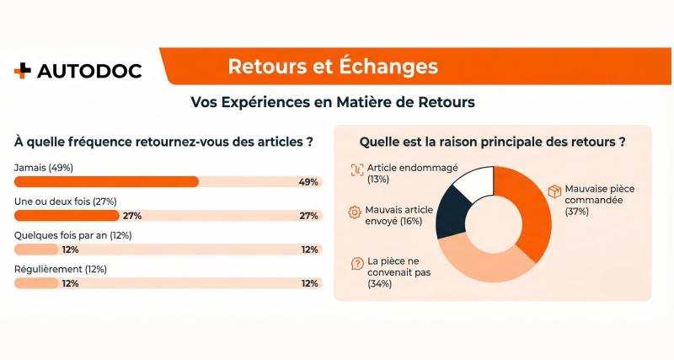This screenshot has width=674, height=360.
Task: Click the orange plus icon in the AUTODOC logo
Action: point(22,71)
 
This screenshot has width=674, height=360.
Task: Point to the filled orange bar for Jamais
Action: point(106,181)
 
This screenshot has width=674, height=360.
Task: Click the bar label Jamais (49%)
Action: point(44,168)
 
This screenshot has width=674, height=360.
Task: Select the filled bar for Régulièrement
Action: point(36,283)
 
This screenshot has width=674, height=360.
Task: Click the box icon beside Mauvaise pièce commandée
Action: point(554,191)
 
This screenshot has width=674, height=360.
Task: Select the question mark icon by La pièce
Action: point(356,263)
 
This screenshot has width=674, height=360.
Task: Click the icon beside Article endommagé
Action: point(356,168)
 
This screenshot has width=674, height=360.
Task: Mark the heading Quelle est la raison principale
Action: point(492,142)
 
